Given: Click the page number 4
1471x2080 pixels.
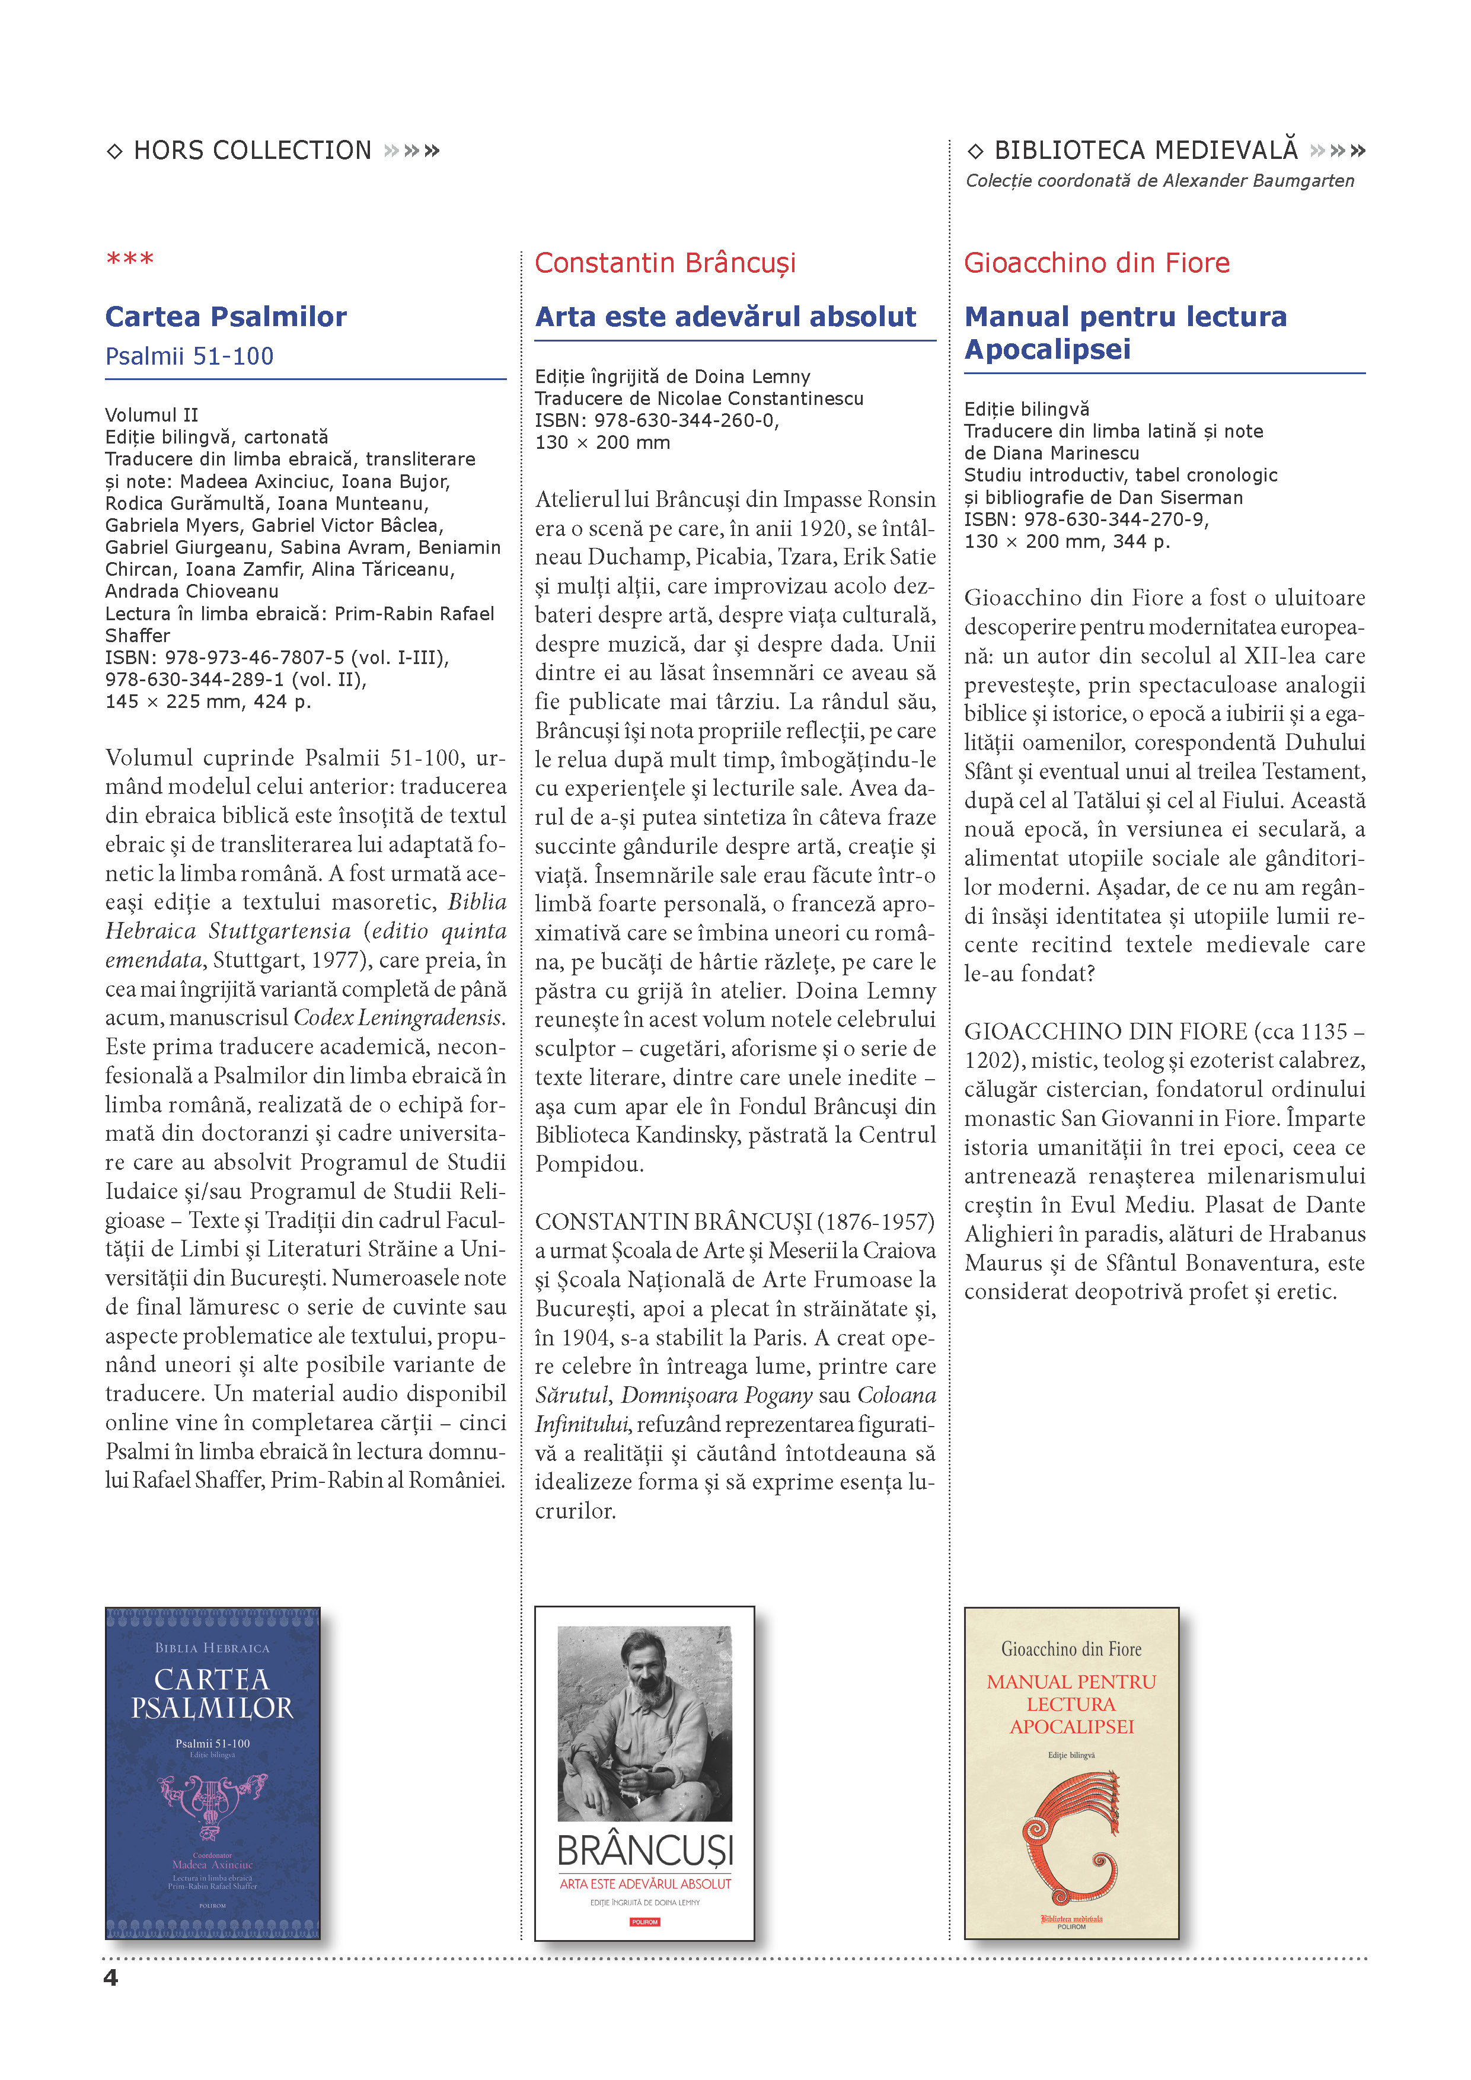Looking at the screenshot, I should [110, 1977].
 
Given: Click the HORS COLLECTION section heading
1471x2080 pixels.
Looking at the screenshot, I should [252, 151].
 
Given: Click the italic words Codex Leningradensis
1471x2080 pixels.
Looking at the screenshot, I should [398, 1017].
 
